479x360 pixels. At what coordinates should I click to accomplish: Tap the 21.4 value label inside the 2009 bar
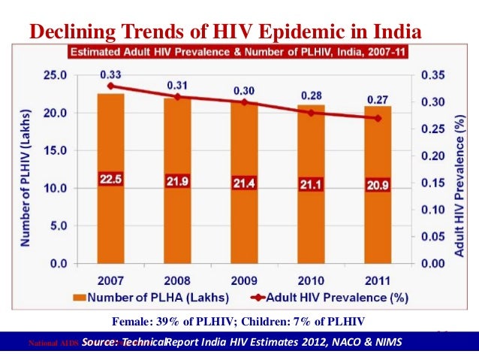pos(244,183)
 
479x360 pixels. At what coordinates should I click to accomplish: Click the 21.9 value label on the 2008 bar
pos(178,182)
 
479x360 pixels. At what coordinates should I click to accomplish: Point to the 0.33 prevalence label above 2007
pos(110,75)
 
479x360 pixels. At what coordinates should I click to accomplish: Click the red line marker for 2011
pos(378,118)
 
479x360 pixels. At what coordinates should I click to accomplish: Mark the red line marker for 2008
pos(178,97)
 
